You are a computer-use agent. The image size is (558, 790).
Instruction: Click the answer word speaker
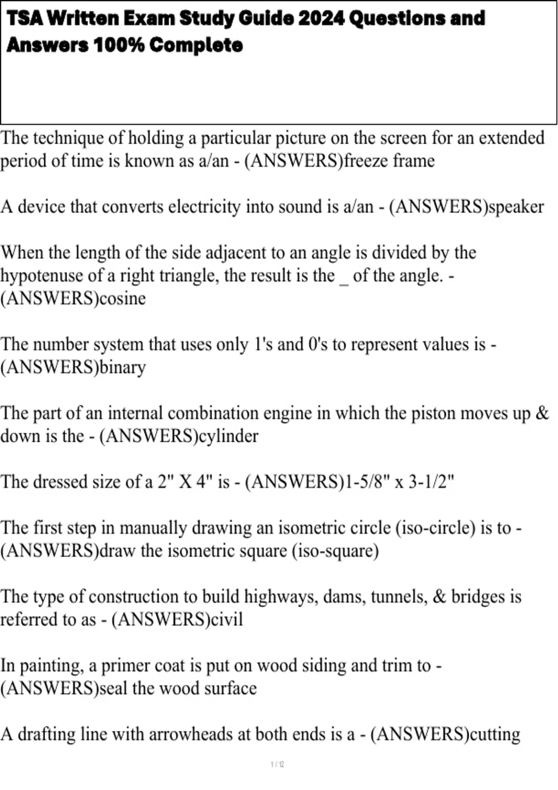pyautogui.click(x=516, y=207)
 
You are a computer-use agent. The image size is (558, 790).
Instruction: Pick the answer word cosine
pyautogui.click(x=123, y=298)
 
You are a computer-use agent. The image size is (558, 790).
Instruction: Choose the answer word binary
pyautogui.click(x=123, y=367)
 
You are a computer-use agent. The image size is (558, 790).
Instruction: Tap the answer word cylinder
pyautogui.click(x=228, y=436)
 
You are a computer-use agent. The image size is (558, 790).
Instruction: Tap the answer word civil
pyautogui.click(x=227, y=619)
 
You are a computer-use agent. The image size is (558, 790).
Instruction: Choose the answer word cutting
pyautogui.click(x=495, y=734)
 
